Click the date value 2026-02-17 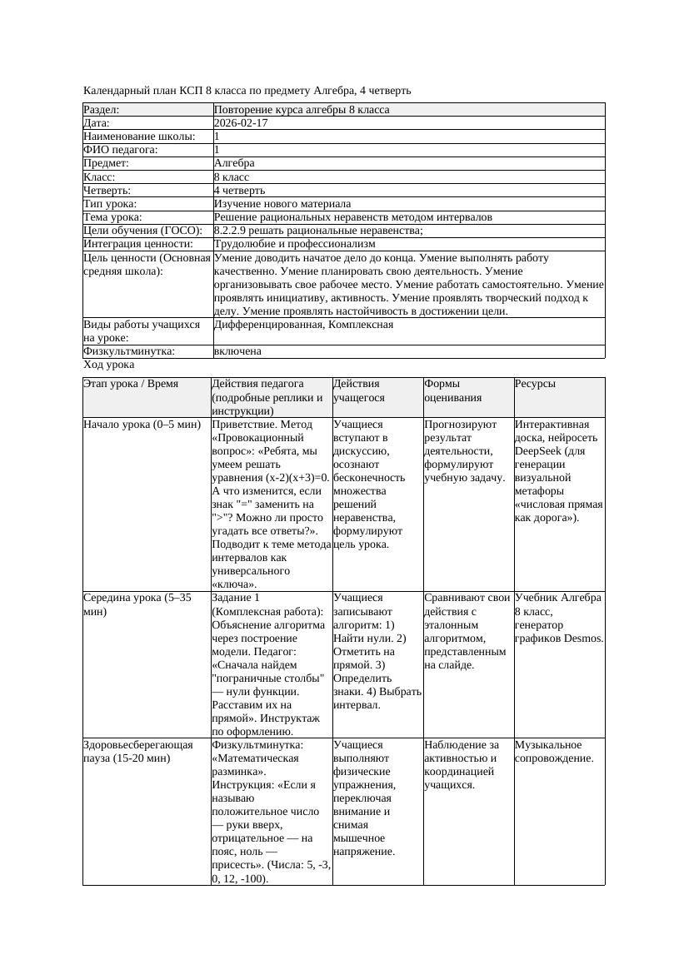[241, 123]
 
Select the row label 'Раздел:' [102, 110]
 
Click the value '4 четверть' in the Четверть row [239, 191]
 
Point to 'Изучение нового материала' [282, 204]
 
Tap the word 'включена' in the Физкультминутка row [237, 351]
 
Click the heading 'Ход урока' [109, 365]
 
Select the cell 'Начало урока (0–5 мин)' [142, 424]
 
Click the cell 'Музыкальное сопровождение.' [554, 752]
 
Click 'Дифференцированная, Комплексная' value [303, 325]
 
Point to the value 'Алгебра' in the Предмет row [234, 163]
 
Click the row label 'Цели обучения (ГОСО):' [142, 231]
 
